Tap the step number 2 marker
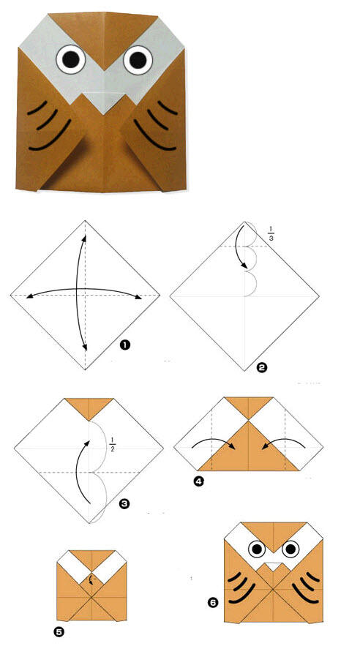(261, 367)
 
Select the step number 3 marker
(124, 503)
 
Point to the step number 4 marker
(199, 481)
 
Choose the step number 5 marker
(60, 631)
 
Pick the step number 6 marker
(212, 603)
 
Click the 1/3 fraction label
(271, 233)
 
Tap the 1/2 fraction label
(112, 445)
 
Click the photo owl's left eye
(71, 59)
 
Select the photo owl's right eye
(138, 60)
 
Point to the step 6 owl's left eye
(257, 549)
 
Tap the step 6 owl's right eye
(290, 549)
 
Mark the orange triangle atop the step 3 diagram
(89, 407)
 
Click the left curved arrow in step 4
(214, 443)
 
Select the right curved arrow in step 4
(283, 443)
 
